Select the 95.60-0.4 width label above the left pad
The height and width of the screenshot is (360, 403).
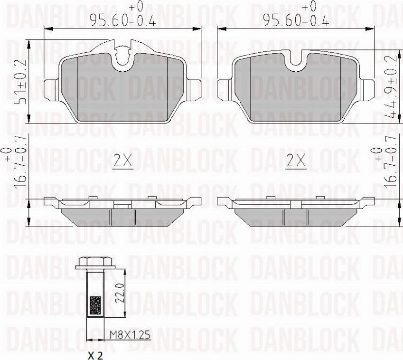(x=122, y=20)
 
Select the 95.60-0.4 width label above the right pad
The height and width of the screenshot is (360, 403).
(x=296, y=20)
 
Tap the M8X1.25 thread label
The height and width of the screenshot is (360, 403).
(x=130, y=335)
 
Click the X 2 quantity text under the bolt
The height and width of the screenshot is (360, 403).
(x=95, y=356)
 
